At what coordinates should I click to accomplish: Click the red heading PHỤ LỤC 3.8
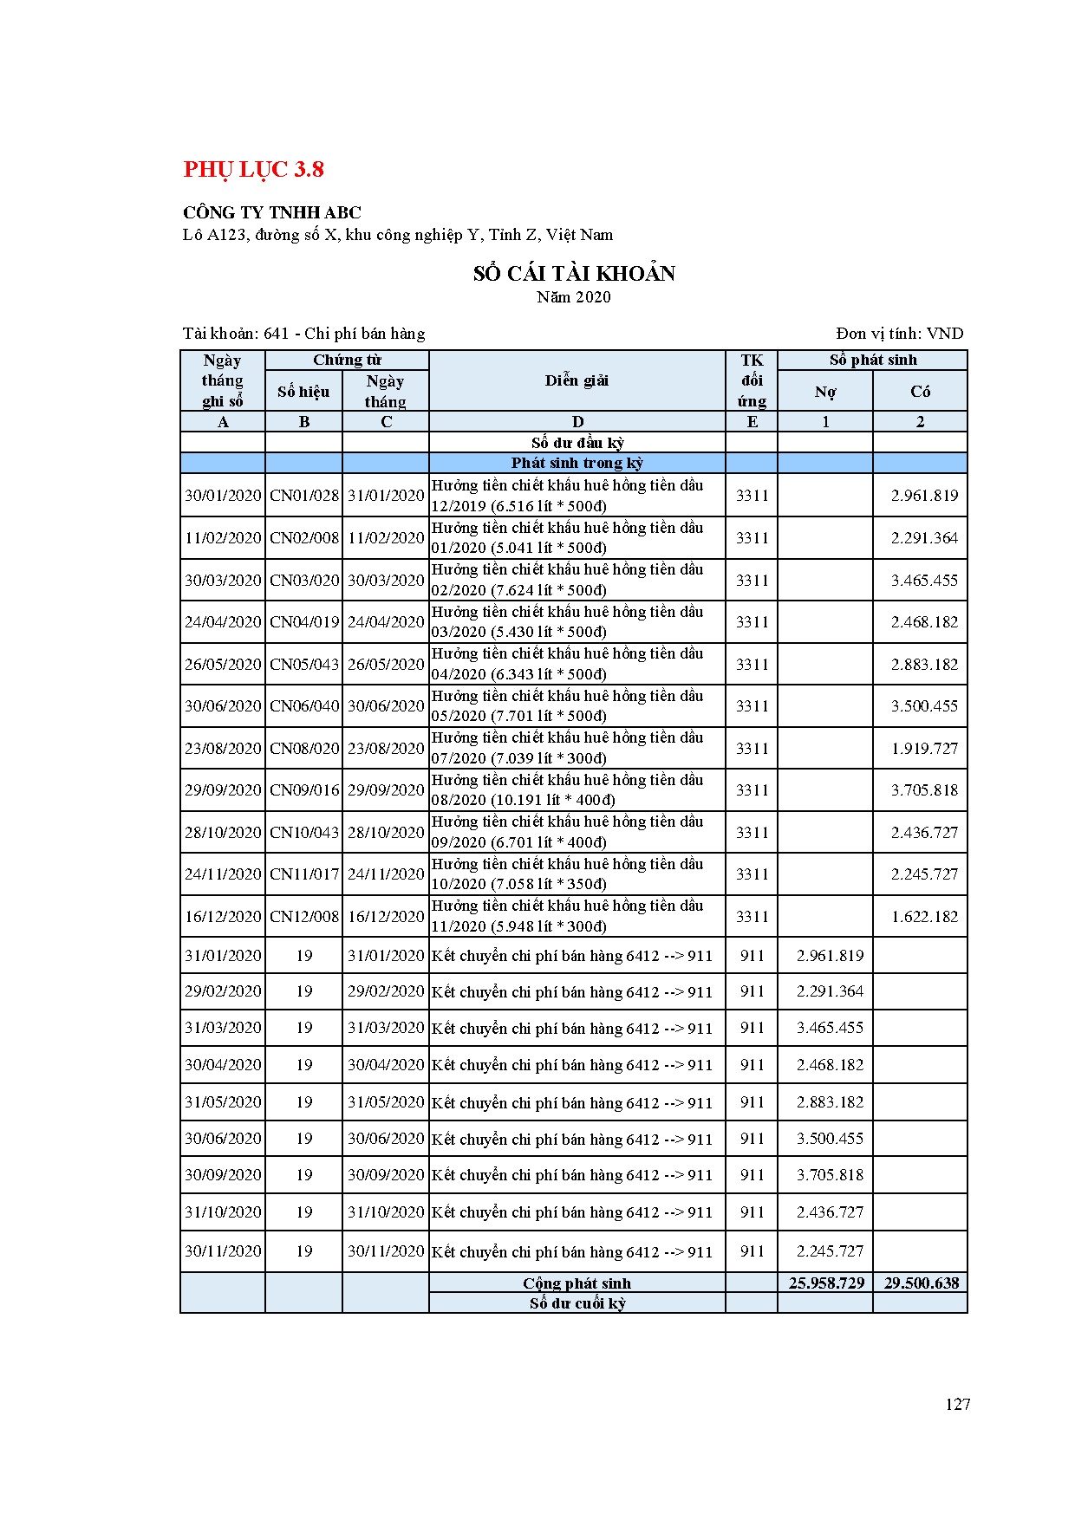[x=253, y=169]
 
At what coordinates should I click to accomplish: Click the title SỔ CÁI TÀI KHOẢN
[x=574, y=274]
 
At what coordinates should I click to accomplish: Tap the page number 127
[x=957, y=1405]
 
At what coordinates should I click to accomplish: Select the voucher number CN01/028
[x=304, y=496]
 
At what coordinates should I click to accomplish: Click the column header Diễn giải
[x=577, y=380]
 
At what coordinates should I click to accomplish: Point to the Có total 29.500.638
[x=921, y=1283]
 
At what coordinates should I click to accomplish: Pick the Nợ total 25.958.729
[x=826, y=1283]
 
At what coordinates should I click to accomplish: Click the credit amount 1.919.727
[x=924, y=749]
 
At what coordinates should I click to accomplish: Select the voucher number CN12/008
[x=304, y=917]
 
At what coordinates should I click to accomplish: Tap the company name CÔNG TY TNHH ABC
[x=272, y=212]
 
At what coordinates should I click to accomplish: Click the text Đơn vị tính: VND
[x=899, y=334]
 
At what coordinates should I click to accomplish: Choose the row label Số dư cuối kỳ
[x=577, y=1303]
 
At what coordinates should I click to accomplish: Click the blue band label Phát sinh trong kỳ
[x=577, y=463]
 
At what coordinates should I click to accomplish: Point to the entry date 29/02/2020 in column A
[x=223, y=991]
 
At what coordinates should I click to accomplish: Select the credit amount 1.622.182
[x=924, y=917]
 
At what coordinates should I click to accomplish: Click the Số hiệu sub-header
[x=303, y=392]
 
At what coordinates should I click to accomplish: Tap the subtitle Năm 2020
[x=573, y=297]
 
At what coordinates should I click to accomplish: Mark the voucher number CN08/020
[x=304, y=749]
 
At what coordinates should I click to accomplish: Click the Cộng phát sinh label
[x=577, y=1283]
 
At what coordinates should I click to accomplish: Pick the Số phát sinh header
[x=872, y=361]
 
